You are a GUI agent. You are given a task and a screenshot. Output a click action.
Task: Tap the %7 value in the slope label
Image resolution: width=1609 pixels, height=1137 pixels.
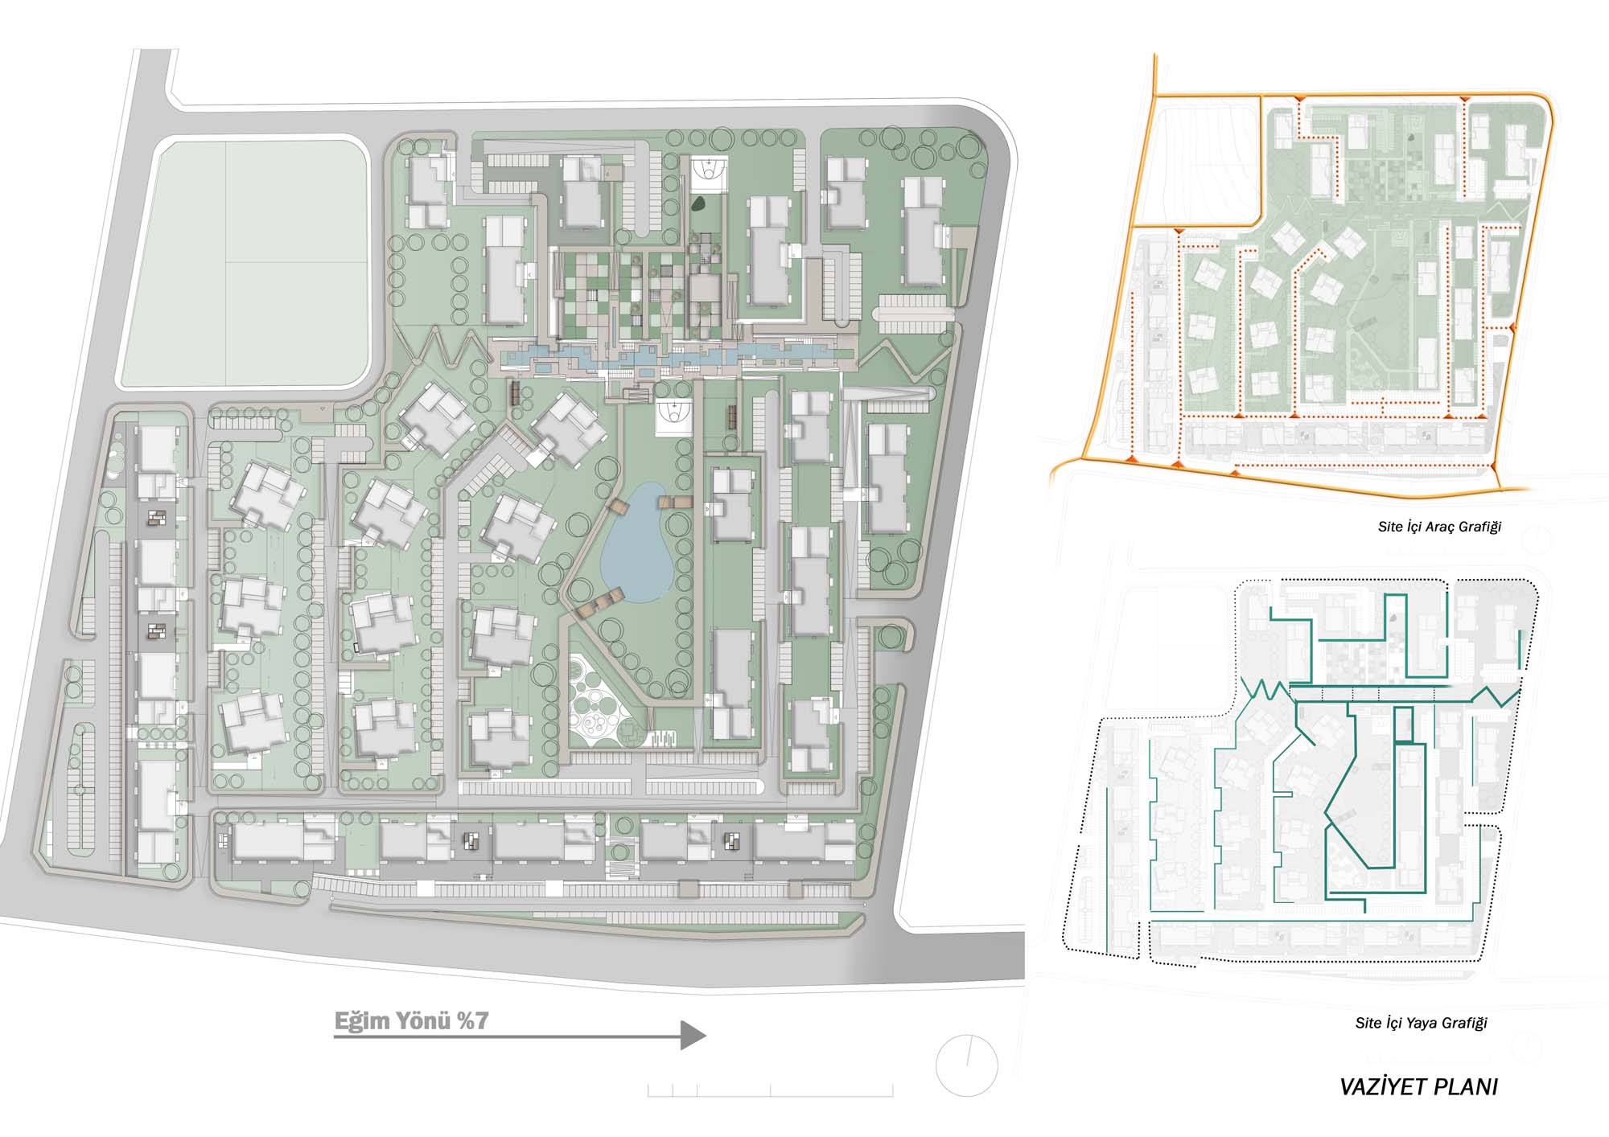(472, 1021)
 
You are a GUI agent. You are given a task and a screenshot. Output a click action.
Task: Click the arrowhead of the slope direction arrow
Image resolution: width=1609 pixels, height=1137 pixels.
(693, 1035)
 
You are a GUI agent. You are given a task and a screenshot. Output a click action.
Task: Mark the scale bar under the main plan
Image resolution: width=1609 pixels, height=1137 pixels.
(770, 1090)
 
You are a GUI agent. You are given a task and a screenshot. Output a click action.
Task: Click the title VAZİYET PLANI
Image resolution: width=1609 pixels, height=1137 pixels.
(1418, 1087)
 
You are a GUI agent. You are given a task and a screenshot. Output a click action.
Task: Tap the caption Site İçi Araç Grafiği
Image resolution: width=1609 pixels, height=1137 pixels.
(1439, 527)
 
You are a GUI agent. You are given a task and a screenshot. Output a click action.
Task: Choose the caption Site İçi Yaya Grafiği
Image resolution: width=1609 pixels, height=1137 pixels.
(1422, 1023)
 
